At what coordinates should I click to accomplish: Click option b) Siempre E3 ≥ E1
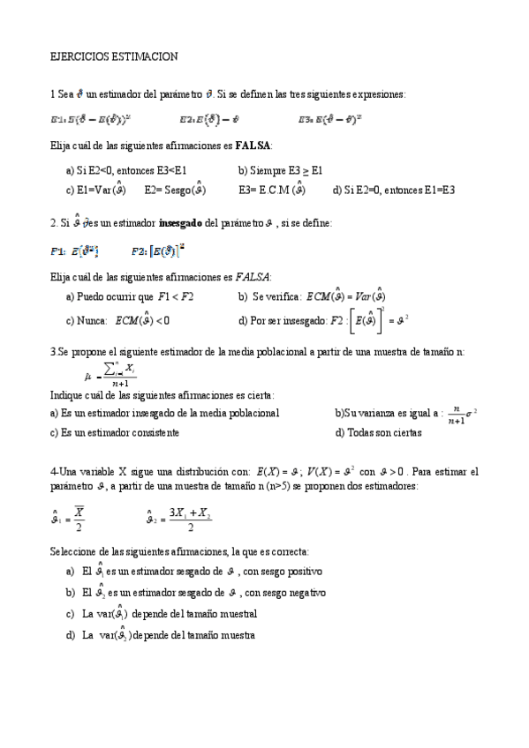coord(281,169)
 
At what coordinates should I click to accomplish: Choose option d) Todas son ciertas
coord(378,433)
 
